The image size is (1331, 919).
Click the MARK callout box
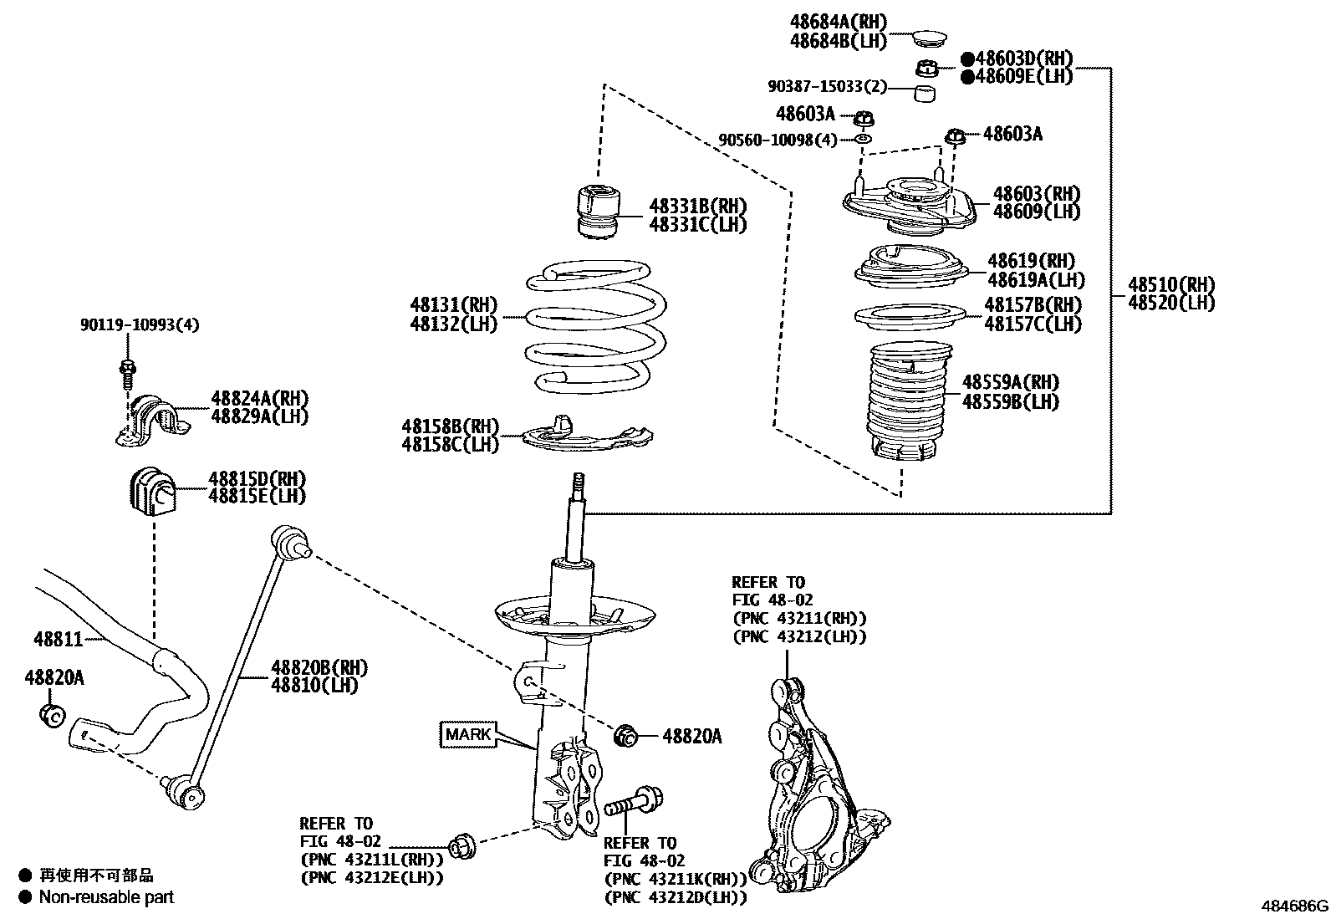pos(467,734)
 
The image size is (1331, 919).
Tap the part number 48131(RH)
pos(453,304)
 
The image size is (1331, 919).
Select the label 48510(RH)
pos(1170,284)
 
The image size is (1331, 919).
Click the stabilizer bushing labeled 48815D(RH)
pos(151,492)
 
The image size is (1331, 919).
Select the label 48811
pos(59,640)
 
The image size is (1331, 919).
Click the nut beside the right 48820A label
pos(625,736)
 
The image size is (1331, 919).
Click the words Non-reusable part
pos(107,897)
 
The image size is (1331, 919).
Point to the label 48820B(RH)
pos(319,667)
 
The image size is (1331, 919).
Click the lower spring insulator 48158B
pos(585,435)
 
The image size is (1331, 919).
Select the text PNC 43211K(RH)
pos(675,879)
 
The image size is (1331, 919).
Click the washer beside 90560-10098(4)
pos(864,137)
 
